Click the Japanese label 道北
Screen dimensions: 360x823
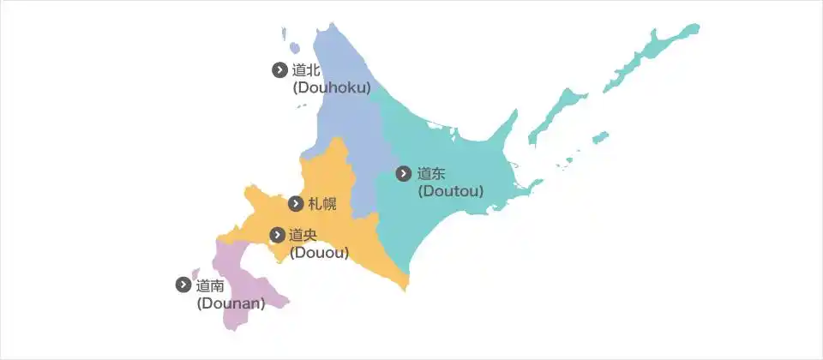[x=306, y=70]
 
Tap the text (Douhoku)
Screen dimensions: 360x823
[x=331, y=87]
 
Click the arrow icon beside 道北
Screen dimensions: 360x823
[x=279, y=70]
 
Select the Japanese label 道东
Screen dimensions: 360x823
[x=431, y=173]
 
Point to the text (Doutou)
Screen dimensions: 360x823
[x=451, y=190]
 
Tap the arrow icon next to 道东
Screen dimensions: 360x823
[x=404, y=173]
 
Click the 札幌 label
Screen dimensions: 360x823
[x=322, y=204]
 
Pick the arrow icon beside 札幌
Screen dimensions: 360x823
[x=296, y=204]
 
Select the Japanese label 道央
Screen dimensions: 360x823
[x=303, y=235]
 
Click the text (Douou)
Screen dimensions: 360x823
[x=319, y=252]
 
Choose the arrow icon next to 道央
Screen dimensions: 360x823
[x=277, y=235]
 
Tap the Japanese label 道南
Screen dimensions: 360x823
[x=210, y=285]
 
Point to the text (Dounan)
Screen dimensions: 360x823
[x=231, y=303]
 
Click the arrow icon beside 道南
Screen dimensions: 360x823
[x=183, y=285]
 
